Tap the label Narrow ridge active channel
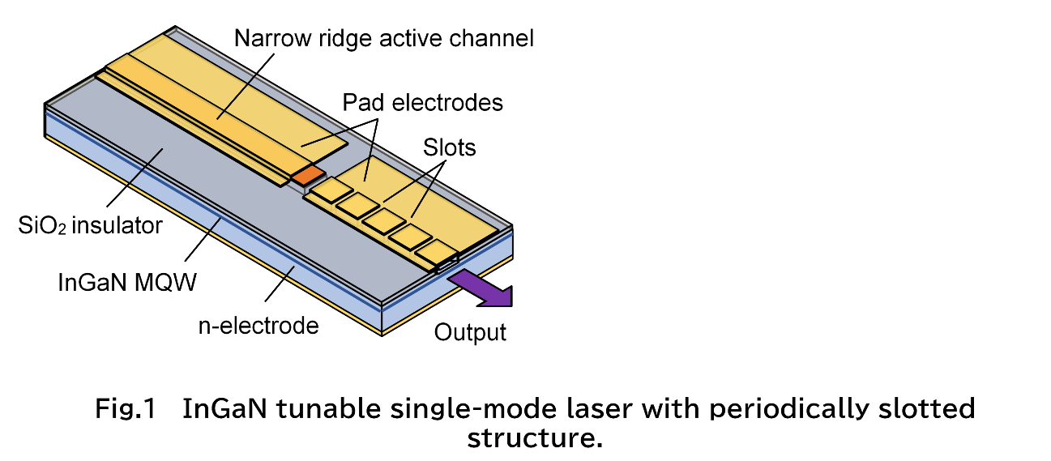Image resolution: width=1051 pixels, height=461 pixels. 383,38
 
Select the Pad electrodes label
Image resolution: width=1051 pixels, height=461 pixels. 422,103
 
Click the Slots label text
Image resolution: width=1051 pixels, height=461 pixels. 449,147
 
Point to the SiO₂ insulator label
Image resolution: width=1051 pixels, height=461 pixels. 91,224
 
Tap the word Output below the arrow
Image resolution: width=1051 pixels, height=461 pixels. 470,332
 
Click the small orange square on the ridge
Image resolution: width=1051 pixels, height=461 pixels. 307,174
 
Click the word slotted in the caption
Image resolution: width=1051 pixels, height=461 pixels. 926,408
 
